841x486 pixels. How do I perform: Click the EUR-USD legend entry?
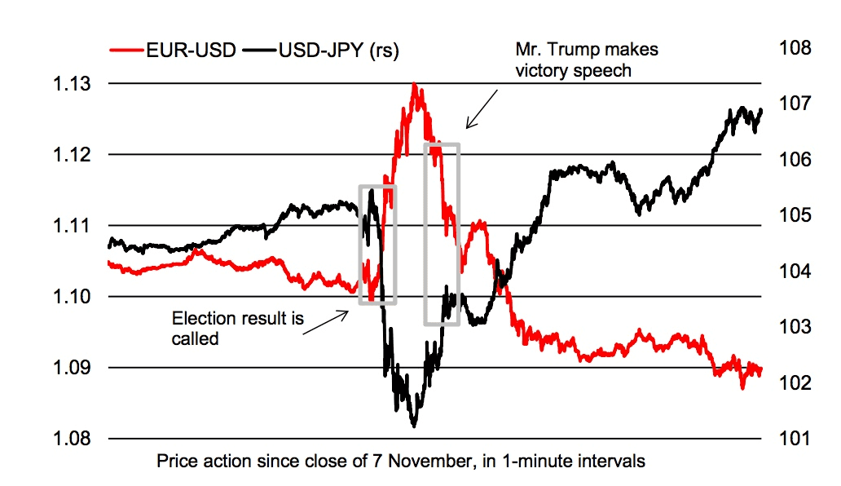coord(171,51)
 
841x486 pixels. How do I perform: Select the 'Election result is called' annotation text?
coord(238,328)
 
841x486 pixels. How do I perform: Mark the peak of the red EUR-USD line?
coord(415,84)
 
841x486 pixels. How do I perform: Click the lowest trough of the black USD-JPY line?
coord(414,425)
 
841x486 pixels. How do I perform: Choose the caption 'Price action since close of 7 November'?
coord(400,462)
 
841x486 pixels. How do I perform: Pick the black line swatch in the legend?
coord(258,51)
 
